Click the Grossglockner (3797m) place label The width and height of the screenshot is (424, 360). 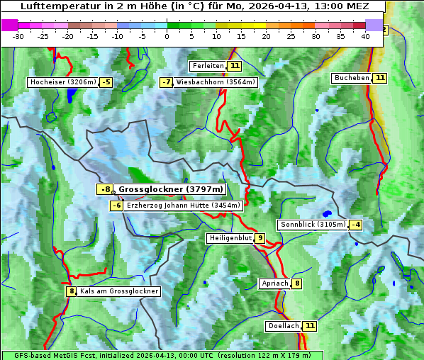coord(170,189)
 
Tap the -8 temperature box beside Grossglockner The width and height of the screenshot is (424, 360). coord(105,189)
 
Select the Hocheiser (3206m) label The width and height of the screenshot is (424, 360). coord(62,82)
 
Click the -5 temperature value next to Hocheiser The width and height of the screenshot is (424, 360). coord(106,82)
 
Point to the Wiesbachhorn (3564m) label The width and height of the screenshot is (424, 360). coord(216,82)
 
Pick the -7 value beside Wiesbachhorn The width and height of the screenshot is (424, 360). coord(167,82)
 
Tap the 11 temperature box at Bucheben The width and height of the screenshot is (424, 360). coord(380,77)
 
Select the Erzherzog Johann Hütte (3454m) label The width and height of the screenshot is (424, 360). coord(184,206)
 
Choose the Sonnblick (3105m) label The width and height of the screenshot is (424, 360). coord(313,225)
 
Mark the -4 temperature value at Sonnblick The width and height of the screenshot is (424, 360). coord(356,225)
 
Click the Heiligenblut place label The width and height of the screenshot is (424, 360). coord(230,238)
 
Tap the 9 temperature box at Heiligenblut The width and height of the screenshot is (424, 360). coord(260,238)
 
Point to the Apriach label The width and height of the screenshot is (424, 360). coord(275,283)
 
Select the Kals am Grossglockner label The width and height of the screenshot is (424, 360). coord(118,291)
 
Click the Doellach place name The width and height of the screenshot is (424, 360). coord(283,326)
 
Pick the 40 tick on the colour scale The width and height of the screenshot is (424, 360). coord(365,36)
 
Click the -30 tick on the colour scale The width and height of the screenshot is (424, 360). coord(19,36)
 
